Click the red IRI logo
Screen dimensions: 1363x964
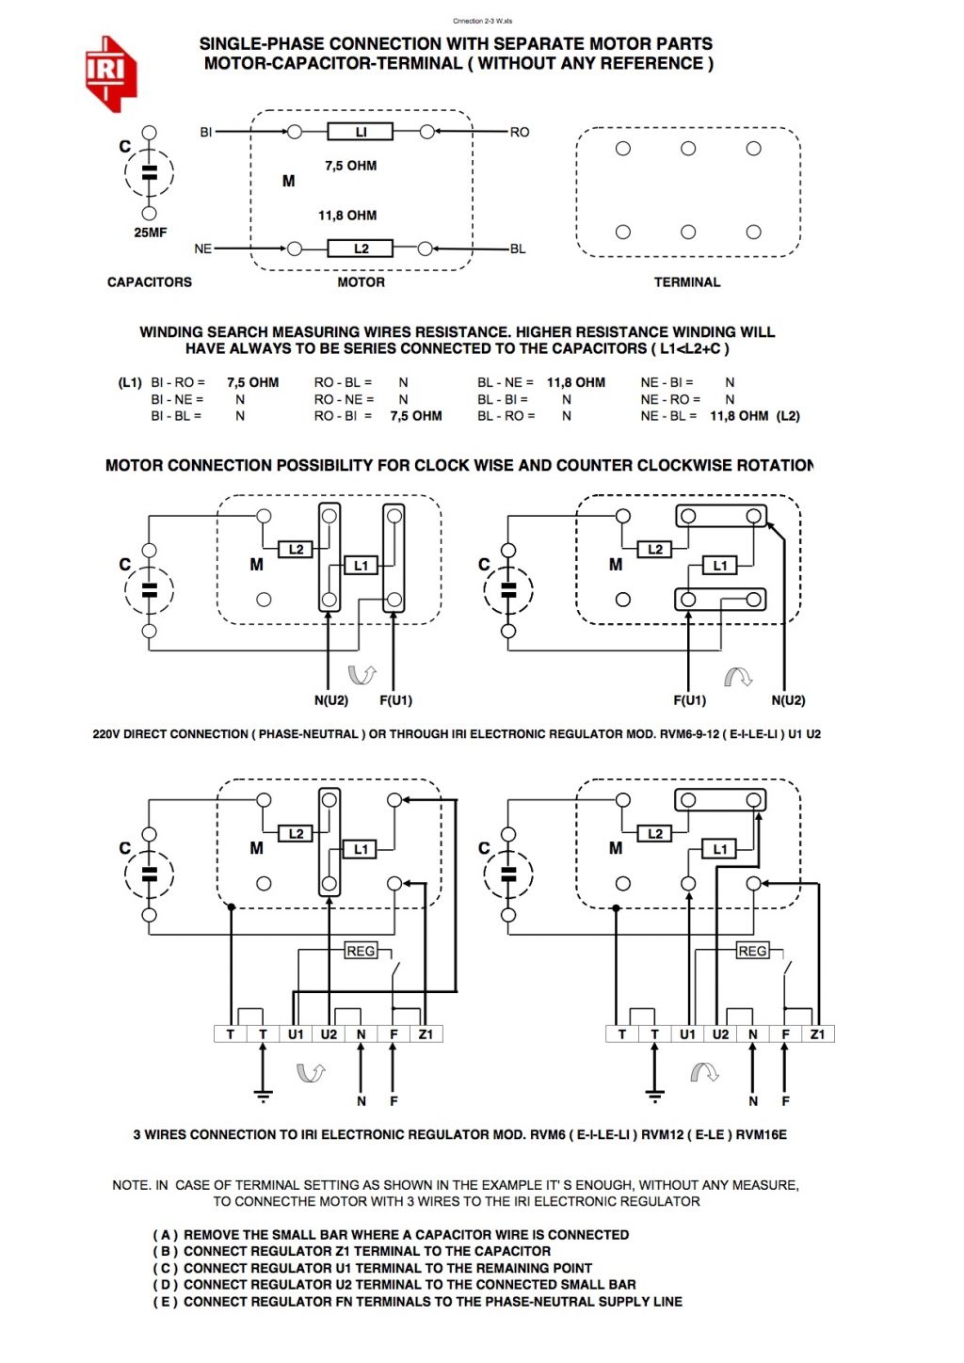coord(110,73)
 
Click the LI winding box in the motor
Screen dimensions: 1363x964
coord(360,132)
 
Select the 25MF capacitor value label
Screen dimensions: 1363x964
coord(150,233)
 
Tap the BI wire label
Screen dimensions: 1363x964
coord(206,132)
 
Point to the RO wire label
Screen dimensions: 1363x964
coord(520,132)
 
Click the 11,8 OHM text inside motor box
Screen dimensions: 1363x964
coord(347,216)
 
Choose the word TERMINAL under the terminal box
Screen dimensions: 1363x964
coord(687,282)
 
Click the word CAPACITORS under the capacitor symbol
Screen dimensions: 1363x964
coord(150,282)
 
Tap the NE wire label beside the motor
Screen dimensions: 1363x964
coord(202,249)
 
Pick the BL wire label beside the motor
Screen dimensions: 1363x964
coord(518,249)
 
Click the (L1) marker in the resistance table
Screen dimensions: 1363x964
coord(130,382)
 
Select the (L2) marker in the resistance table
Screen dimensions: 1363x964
coord(788,416)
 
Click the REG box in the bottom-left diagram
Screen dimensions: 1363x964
coord(361,951)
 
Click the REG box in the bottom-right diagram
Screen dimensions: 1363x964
coord(752,951)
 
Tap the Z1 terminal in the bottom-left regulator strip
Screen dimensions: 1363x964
coord(426,1034)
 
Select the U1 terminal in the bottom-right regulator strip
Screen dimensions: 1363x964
coord(687,1034)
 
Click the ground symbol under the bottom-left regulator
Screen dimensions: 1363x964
coord(263,1095)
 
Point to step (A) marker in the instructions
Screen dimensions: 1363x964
coord(166,1235)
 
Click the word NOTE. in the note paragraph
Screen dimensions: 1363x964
coord(130,1185)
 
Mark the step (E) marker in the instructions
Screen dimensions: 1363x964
coord(166,1302)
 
